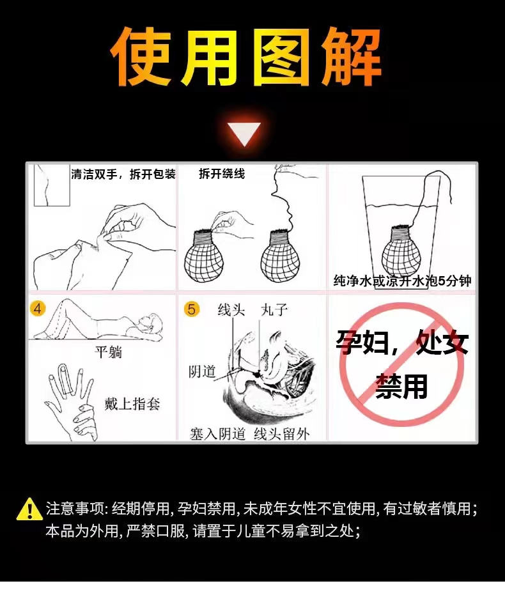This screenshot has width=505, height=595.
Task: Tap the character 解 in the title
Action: pyautogui.click(x=351, y=58)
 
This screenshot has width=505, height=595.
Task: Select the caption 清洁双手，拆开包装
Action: pyautogui.click(x=123, y=174)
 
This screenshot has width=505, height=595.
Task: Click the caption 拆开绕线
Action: pyautogui.click(x=222, y=174)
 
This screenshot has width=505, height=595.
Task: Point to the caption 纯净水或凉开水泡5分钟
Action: pyautogui.click(x=403, y=281)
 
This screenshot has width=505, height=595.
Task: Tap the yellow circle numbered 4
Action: pyautogui.click(x=37, y=309)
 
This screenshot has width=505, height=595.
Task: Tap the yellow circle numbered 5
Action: pyautogui.click(x=192, y=309)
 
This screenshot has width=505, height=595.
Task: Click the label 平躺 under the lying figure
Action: pyautogui.click(x=109, y=353)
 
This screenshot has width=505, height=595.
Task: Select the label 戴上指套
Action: pyautogui.click(x=132, y=403)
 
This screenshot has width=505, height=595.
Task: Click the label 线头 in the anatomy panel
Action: pyautogui.click(x=231, y=310)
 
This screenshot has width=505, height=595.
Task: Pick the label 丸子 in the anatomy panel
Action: pyautogui.click(x=274, y=310)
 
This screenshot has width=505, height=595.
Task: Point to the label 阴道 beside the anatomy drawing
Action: pyautogui.click(x=202, y=371)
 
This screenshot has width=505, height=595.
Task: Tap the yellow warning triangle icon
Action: pyautogui.click(x=29, y=509)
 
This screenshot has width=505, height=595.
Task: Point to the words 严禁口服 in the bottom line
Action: pyautogui.click(x=155, y=531)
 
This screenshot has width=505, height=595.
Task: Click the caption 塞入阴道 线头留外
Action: pyautogui.click(x=250, y=434)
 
